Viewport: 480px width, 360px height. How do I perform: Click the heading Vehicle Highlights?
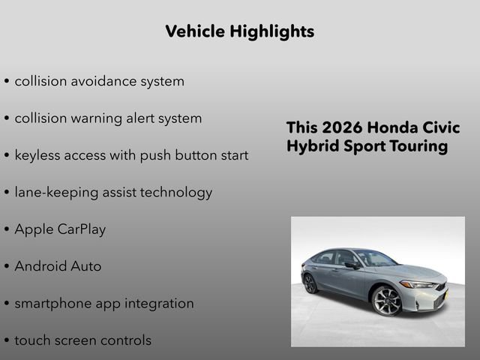click(239, 31)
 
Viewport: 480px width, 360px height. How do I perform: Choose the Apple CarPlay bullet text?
click(60, 229)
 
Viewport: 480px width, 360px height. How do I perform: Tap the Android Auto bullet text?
click(58, 266)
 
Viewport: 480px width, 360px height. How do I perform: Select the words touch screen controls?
click(82, 340)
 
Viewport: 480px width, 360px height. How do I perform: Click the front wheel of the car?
click(388, 301)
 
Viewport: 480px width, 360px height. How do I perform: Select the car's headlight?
click(417, 284)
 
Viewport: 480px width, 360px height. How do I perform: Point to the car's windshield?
click(376, 258)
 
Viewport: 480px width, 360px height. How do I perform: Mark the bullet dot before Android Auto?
click(7, 267)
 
